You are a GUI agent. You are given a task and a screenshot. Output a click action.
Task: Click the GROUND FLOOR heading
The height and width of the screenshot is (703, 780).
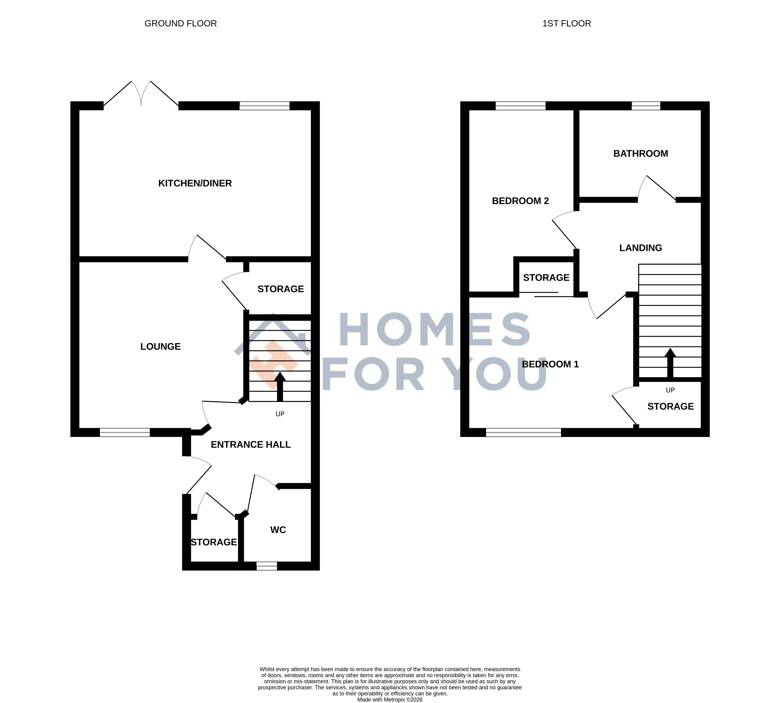click(181, 24)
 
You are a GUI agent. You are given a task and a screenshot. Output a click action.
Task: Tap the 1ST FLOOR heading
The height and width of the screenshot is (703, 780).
click(566, 24)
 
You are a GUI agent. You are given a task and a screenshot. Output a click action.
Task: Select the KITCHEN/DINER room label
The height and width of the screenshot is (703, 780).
click(195, 183)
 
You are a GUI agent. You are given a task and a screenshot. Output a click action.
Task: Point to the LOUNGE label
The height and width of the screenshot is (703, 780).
click(161, 347)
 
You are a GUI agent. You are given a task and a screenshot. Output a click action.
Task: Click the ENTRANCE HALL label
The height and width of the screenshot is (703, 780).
click(251, 445)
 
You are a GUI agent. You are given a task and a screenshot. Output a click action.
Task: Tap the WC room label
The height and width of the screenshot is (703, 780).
click(278, 530)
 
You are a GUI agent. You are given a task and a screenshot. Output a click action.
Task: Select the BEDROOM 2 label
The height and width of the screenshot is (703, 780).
click(520, 201)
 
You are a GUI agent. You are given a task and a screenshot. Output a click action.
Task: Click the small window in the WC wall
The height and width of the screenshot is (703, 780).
click(267, 566)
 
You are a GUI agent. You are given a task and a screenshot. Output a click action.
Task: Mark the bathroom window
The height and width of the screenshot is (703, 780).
click(646, 106)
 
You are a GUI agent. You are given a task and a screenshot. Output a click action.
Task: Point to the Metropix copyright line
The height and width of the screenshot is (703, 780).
click(390, 699)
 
